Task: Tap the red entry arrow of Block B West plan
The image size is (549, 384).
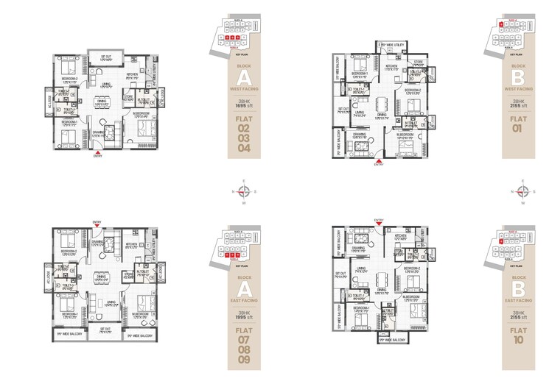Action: point(379,159)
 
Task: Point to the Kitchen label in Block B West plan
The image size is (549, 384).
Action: point(391,66)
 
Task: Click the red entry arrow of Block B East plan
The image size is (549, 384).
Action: point(379,221)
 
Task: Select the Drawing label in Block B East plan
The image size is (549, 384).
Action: point(360,249)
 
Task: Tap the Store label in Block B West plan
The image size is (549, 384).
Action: point(418,62)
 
